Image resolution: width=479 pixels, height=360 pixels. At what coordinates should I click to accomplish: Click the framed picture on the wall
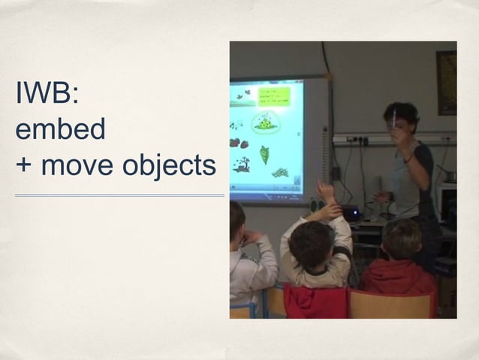pos(447,83)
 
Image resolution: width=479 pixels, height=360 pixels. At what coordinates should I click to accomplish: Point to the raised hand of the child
pos(325,189)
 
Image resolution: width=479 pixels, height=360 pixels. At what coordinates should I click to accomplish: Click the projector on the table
pos(350,213)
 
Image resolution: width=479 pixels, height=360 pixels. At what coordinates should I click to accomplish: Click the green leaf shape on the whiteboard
pos(265,155)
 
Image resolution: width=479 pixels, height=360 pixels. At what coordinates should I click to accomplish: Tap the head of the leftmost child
pos(236,219)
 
